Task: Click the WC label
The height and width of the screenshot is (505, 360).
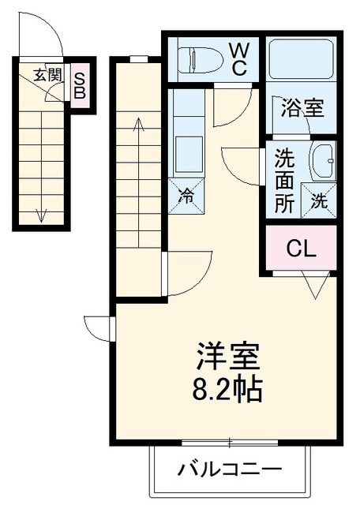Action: [239, 59]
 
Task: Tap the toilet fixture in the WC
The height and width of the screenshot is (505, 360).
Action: [201, 59]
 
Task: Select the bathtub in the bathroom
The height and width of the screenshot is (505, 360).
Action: [301, 59]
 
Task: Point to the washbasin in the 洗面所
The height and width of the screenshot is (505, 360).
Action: [322, 161]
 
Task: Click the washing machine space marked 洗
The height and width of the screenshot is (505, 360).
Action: [319, 200]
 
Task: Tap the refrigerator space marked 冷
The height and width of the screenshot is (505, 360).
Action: [186, 196]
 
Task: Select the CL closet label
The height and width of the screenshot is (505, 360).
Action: [301, 249]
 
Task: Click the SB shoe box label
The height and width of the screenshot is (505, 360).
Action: [80, 85]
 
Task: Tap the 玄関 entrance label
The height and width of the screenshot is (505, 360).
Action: [47, 75]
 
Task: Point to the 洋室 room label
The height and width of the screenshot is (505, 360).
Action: [228, 357]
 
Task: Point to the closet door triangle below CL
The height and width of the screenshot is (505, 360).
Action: [316, 284]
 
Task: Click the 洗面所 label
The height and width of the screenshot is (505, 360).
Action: [284, 181]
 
